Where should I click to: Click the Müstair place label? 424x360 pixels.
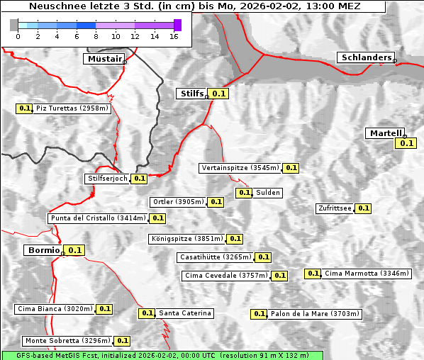coord(104,59)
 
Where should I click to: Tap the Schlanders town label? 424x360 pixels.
coord(365,57)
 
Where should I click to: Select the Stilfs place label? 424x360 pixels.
coord(191,93)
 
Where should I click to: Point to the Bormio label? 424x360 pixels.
coord(43,250)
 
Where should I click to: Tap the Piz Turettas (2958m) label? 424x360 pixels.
coord(72,108)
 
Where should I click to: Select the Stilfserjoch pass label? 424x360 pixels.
coord(108,179)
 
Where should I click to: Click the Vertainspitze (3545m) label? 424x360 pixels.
coord(240,168)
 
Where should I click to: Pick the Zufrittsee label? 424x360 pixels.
coord(334,208)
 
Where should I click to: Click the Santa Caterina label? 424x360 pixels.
coord(185,313)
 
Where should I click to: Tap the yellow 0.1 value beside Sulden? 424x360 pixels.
coord(244,193)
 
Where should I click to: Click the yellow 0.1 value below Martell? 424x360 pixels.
coord(406,143)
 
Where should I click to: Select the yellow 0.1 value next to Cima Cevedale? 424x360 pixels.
coord(279,276)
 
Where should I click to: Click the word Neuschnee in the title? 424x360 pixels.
coord(54,6)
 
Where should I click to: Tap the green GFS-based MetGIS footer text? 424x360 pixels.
coord(162,355)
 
